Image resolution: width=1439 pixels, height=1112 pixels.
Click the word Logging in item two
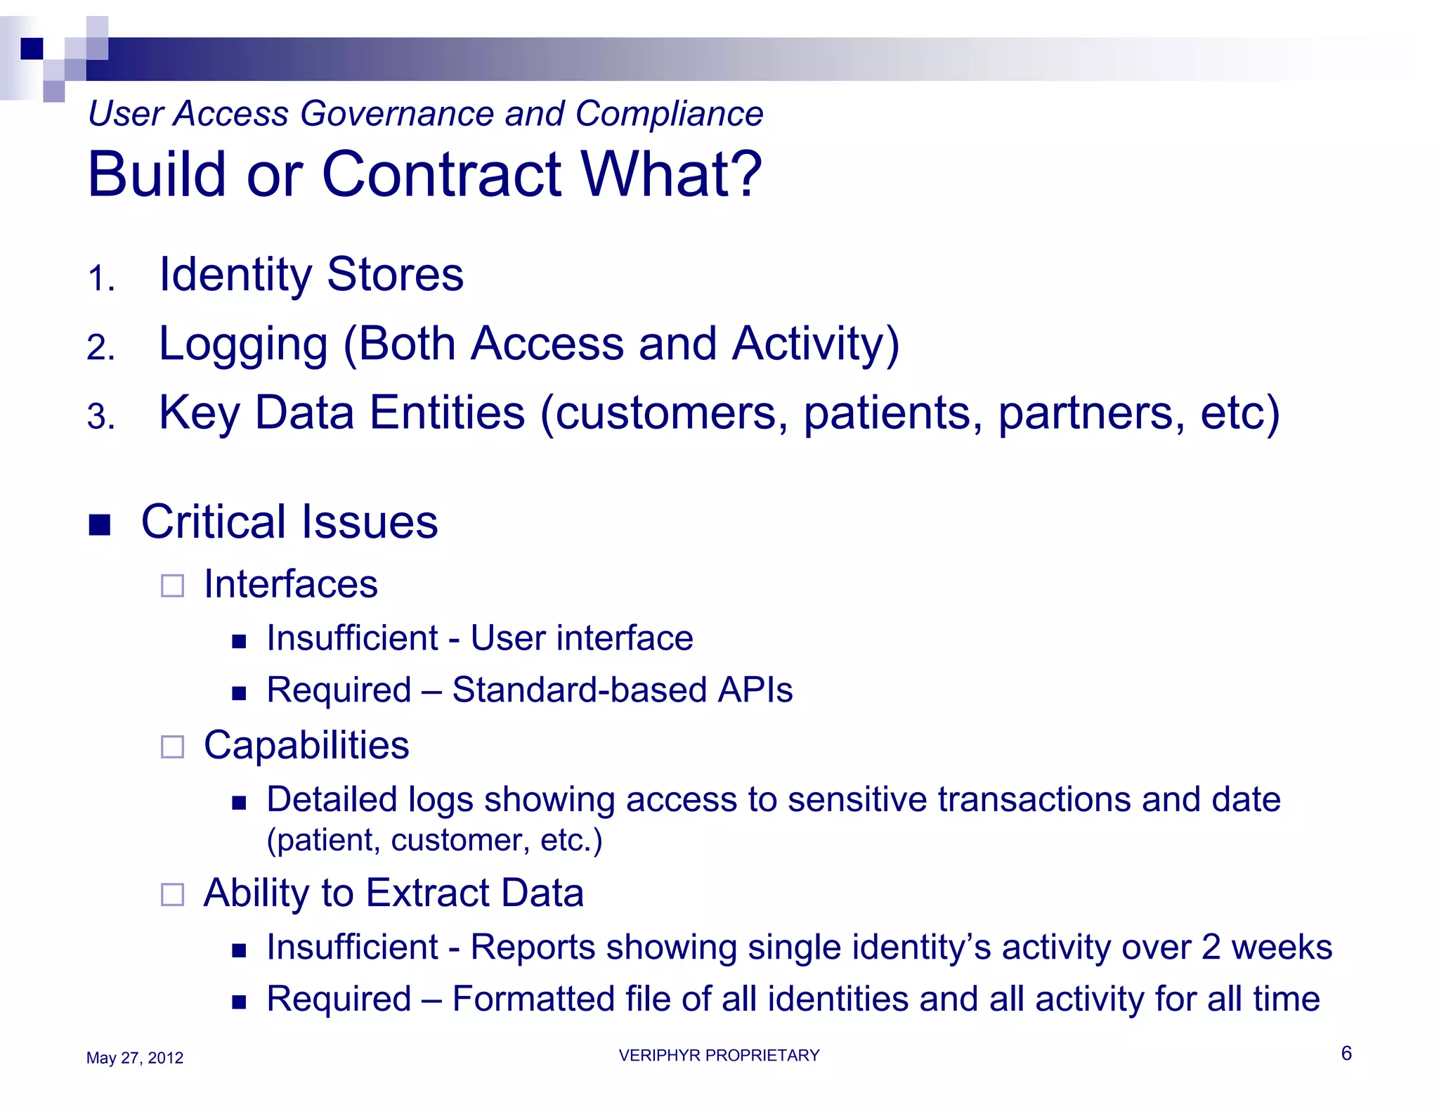click(243, 344)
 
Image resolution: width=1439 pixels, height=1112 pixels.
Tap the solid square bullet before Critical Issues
click(100, 524)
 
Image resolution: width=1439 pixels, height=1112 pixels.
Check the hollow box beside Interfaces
click(172, 586)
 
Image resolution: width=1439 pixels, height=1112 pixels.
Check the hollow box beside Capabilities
click(172, 746)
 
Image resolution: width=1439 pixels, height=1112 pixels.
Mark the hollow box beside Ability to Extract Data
click(172, 894)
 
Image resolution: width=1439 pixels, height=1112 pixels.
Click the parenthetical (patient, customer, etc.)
click(434, 840)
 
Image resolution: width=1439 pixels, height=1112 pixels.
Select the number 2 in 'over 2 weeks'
click(1211, 947)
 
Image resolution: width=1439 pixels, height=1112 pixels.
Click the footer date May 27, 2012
click(134, 1058)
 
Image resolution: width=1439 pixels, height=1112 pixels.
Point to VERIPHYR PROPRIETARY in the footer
click(719, 1055)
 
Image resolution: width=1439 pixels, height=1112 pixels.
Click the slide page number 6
click(1346, 1053)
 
